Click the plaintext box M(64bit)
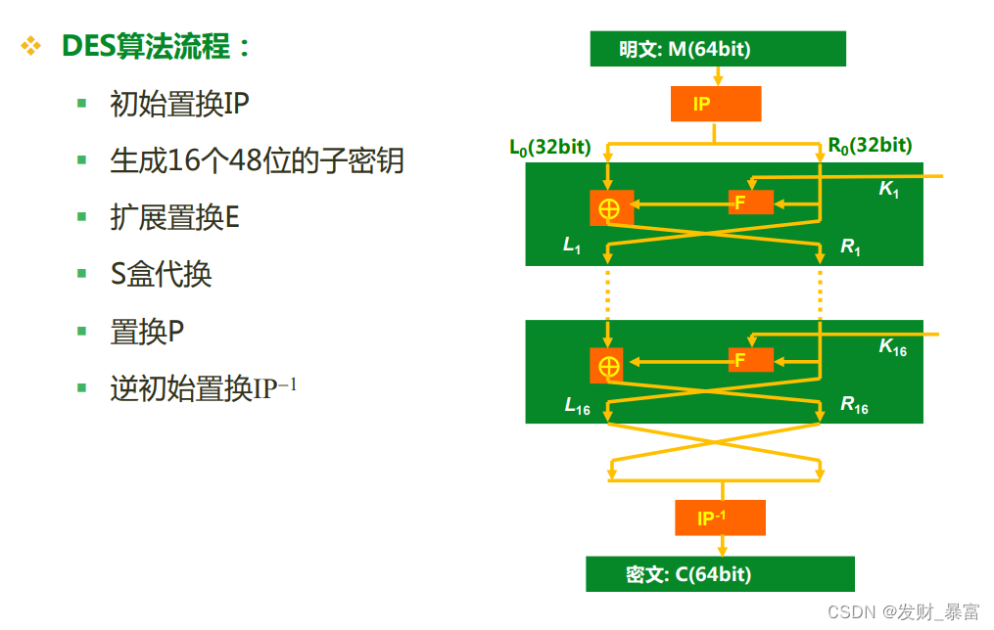[x=717, y=49]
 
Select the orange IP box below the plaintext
[x=715, y=104]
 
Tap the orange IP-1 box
[x=719, y=517]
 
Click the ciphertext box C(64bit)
[x=720, y=574]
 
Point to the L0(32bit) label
[x=549, y=147]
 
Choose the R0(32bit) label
[x=870, y=146]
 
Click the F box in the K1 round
[x=750, y=202]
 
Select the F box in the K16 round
[x=750, y=360]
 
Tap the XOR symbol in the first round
[x=610, y=207]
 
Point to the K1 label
[x=889, y=189]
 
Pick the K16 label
[x=892, y=347]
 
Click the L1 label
[x=572, y=245]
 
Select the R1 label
[x=850, y=247]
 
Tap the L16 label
[x=577, y=405]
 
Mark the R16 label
[x=854, y=405]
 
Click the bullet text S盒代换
[x=161, y=275]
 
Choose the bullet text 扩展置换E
[x=174, y=217]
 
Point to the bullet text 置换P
[x=147, y=333]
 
